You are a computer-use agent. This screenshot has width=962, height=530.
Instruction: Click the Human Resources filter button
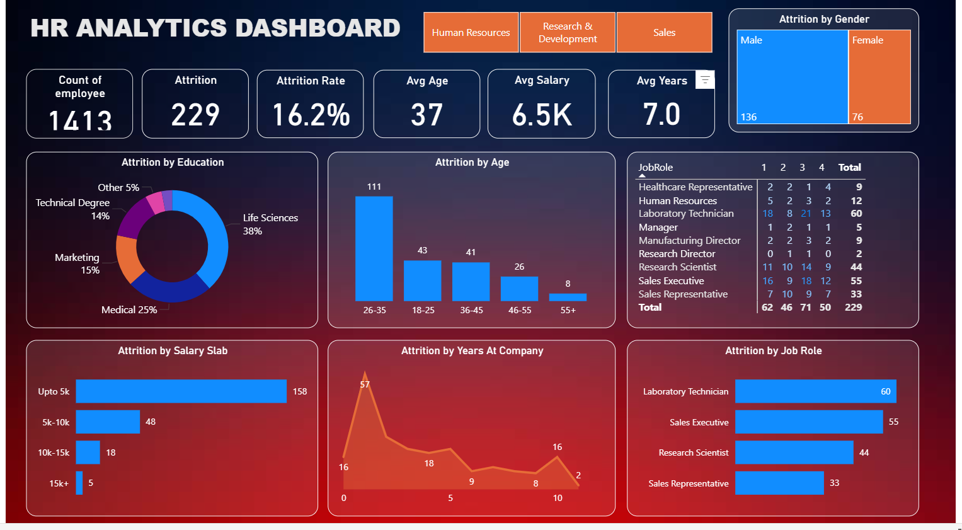pos(471,32)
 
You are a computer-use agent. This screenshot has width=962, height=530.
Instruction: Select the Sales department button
pos(664,32)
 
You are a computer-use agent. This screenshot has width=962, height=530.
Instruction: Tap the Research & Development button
pos(567,32)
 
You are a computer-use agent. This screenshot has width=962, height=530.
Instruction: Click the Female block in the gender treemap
pos(879,77)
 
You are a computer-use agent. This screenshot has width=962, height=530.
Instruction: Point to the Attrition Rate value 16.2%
pos(311,115)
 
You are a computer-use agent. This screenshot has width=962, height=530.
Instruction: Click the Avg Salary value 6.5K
pos(542,115)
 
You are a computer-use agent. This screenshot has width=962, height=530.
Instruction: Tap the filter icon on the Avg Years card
pos(705,79)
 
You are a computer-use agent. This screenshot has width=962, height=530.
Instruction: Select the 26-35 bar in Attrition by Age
pos(374,248)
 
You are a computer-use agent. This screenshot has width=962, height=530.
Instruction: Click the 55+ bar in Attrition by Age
pos(568,297)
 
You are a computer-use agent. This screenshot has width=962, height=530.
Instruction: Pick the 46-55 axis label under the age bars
pos(520,310)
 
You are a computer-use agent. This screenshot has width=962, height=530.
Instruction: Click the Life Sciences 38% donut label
pos(270,224)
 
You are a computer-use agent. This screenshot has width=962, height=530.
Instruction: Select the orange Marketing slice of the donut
pos(129,258)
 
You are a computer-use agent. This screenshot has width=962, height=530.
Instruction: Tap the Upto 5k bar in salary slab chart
pos(181,391)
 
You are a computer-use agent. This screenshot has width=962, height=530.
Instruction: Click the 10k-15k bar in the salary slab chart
pos(88,452)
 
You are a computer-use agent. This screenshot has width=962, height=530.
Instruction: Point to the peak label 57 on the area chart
pos(365,384)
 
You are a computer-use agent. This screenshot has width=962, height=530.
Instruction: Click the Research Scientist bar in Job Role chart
pos(794,452)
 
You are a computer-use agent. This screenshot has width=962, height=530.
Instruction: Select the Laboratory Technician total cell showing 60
pos(856,214)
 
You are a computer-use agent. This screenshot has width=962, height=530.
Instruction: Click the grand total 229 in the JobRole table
pos(853,308)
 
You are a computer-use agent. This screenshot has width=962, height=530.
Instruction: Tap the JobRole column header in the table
pos(655,168)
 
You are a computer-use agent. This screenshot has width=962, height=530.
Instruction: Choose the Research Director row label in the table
pos(677,254)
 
